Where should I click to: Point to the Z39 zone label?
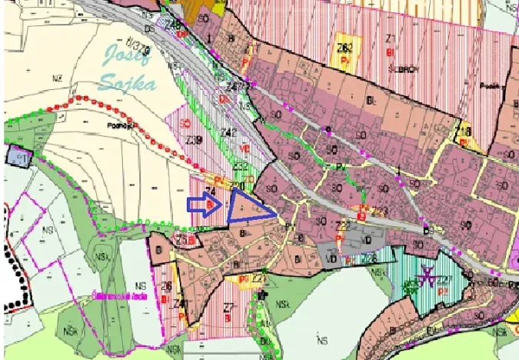(x=194, y=140)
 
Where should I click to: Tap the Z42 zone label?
(x=228, y=132)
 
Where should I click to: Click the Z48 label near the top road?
(x=173, y=26)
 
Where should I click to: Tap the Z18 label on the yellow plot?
(x=464, y=132)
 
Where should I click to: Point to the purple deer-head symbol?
(x=427, y=275)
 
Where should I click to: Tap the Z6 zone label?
(x=165, y=286)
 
